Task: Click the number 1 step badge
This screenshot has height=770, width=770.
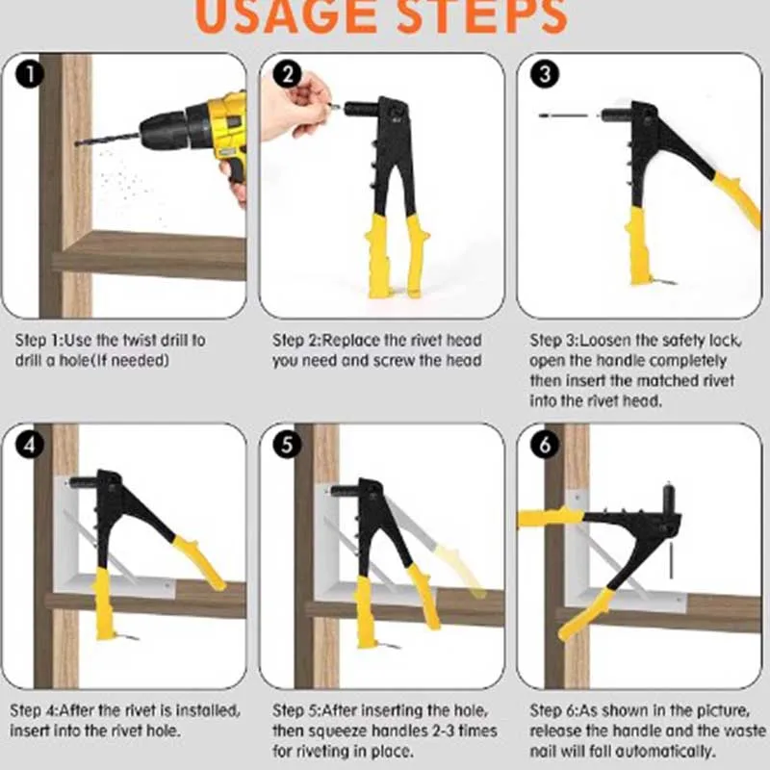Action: (x=30, y=75)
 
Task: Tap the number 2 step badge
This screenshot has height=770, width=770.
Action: (x=287, y=75)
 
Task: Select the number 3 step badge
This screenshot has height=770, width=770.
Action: (x=545, y=75)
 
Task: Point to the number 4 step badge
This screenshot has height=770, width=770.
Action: (x=30, y=445)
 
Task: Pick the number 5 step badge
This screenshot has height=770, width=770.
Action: (x=287, y=445)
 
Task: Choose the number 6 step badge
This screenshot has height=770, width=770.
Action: (x=545, y=445)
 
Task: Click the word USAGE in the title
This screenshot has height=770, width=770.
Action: (x=285, y=16)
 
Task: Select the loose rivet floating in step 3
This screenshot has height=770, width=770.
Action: (x=563, y=115)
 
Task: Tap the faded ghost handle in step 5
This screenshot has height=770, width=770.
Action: (x=460, y=570)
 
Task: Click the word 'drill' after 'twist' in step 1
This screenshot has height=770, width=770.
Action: (x=165, y=340)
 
